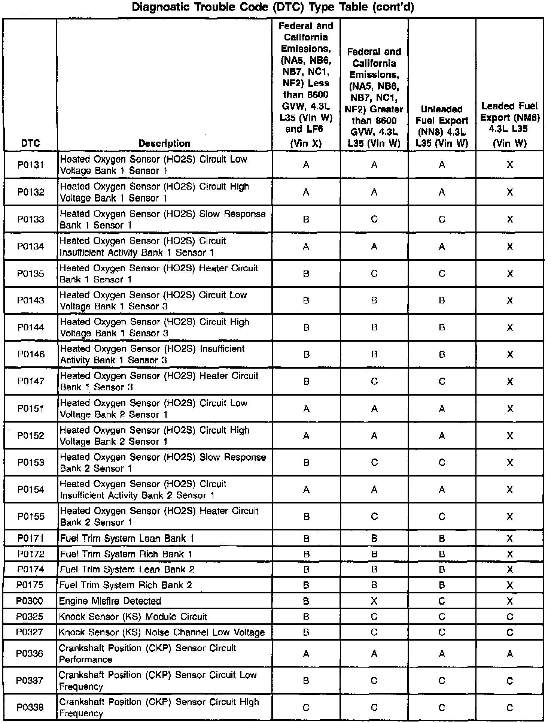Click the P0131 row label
pyautogui.click(x=31, y=165)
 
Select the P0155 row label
pyautogui.click(x=31, y=517)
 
